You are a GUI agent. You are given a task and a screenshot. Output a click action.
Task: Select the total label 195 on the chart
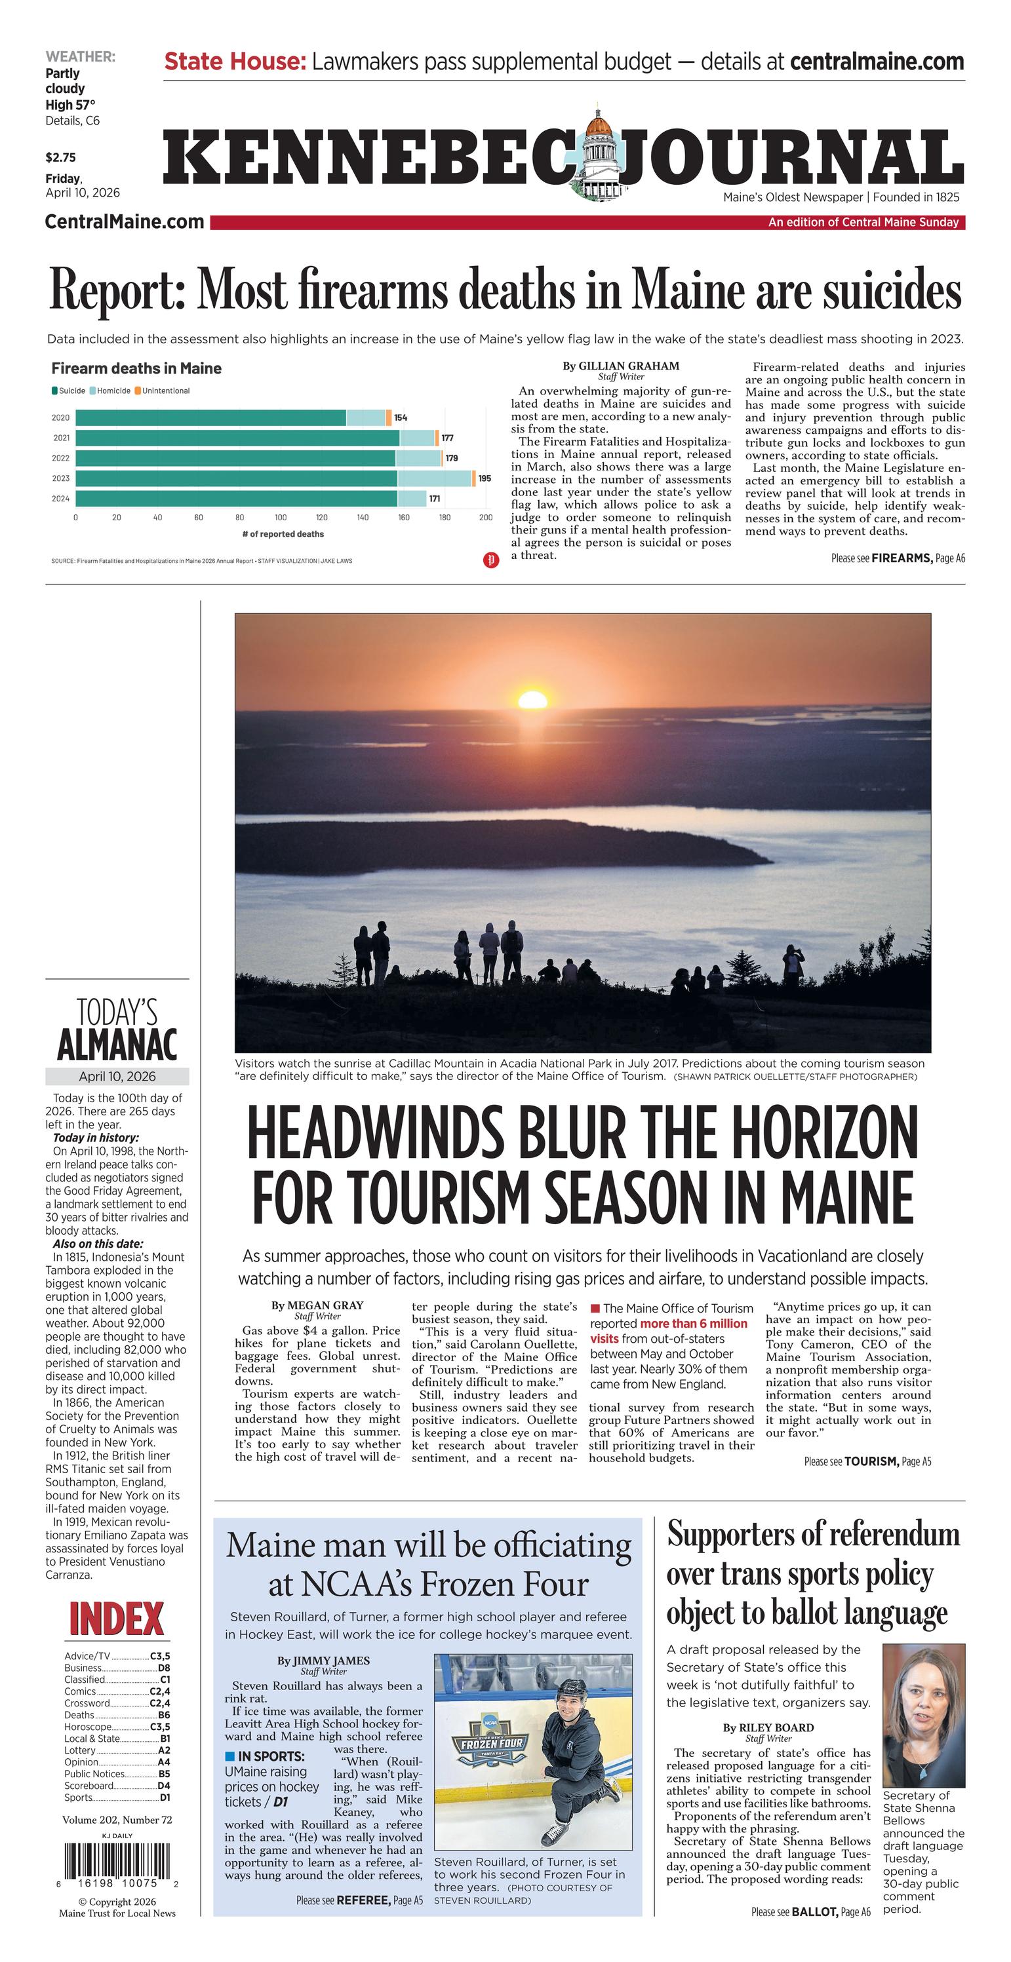(485, 478)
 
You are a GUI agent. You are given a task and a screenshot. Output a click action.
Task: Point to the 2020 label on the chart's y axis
(60, 417)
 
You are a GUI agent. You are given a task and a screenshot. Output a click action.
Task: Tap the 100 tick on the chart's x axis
(281, 517)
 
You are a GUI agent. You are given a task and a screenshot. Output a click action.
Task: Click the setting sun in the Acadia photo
(532, 699)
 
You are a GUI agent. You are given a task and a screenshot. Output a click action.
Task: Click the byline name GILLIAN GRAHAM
(628, 366)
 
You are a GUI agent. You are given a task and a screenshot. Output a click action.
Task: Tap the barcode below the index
(117, 1859)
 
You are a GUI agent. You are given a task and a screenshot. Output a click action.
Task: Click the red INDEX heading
(117, 1620)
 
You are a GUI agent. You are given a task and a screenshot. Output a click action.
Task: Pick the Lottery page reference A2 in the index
(164, 1750)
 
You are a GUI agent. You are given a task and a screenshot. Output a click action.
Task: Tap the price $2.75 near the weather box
(60, 158)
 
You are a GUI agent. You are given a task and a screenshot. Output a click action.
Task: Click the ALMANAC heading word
(117, 1044)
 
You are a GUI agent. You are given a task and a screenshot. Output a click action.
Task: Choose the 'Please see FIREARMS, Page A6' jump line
(898, 558)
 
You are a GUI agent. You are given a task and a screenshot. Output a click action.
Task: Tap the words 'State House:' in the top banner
(235, 61)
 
